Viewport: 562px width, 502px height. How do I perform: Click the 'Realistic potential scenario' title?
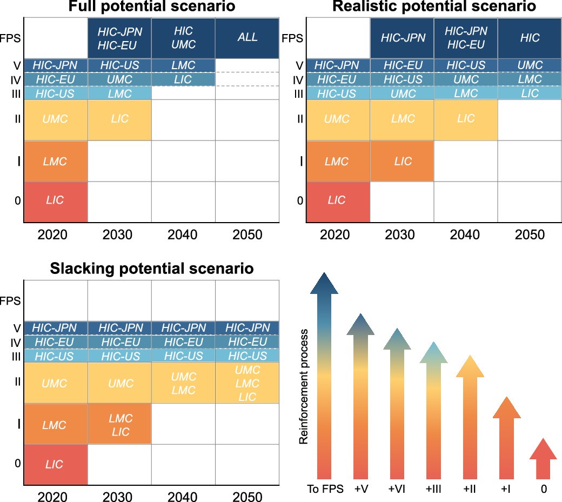click(x=434, y=7)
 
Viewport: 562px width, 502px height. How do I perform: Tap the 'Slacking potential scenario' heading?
click(x=152, y=268)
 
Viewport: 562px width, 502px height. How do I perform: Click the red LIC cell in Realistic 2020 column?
click(x=337, y=200)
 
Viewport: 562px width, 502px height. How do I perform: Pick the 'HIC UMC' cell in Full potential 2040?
click(x=183, y=38)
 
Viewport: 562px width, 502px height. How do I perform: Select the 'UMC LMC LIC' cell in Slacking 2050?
click(x=247, y=383)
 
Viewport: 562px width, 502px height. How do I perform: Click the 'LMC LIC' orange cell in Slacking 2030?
click(x=119, y=424)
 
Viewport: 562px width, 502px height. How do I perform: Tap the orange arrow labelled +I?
click(x=506, y=438)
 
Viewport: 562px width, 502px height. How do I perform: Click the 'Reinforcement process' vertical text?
click(x=304, y=386)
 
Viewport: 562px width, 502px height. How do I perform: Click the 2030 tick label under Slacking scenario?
click(x=119, y=497)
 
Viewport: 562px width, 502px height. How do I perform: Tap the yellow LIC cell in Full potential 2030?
click(x=119, y=119)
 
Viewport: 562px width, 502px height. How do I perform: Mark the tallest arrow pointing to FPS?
click(x=324, y=378)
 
